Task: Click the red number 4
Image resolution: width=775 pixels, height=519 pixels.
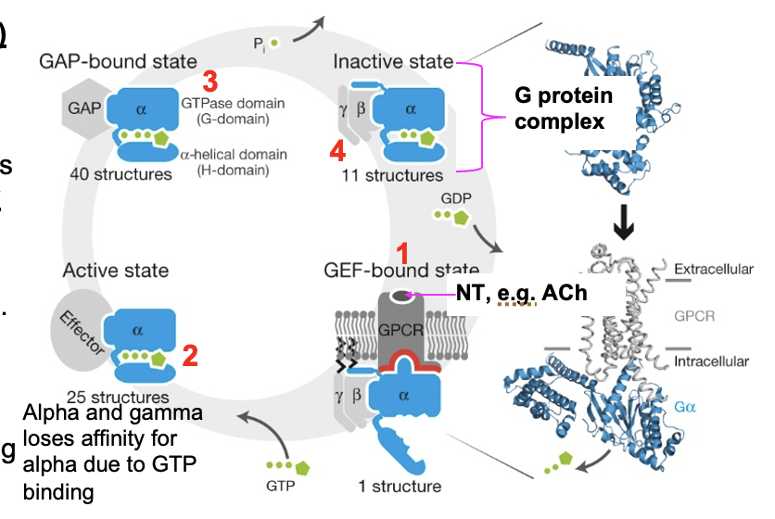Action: pos(339,148)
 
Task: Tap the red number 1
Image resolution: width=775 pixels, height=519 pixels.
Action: pos(401,251)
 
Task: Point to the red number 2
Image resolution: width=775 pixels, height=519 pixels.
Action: pos(189,355)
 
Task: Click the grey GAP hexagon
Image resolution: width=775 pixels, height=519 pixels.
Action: pos(82,108)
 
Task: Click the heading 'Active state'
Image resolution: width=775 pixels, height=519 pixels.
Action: pos(116,271)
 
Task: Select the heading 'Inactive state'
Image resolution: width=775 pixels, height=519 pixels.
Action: pos(393,62)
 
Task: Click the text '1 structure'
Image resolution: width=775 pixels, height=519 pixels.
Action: pos(400,486)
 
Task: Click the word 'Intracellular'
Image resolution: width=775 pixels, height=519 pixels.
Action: pos(722,361)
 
